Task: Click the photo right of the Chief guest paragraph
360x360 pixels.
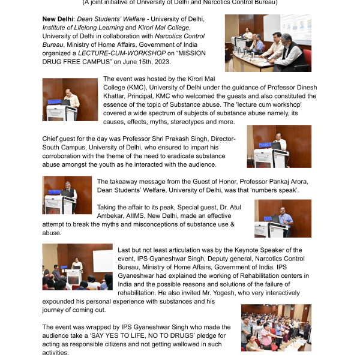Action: tap(278, 146)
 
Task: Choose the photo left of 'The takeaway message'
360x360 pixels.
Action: tap(68, 195)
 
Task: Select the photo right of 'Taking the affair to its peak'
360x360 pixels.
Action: tap(283, 218)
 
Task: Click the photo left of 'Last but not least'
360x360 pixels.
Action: tap(77, 266)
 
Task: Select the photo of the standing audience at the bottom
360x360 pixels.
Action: tap(276, 328)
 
